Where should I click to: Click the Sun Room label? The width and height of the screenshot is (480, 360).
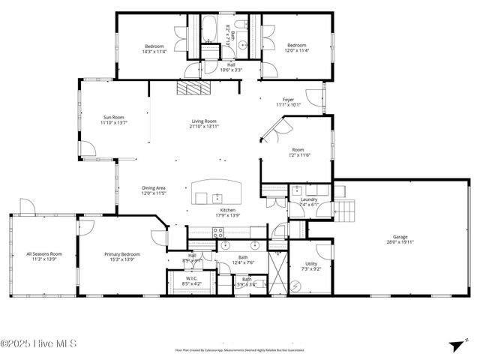[114, 117]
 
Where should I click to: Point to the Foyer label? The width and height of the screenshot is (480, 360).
[288, 100]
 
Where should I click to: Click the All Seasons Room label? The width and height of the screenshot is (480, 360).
[44, 254]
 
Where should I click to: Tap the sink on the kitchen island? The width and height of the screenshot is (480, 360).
[202, 199]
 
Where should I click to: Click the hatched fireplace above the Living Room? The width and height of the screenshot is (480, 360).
[194, 88]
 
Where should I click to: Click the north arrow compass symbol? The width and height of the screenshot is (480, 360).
[454, 345]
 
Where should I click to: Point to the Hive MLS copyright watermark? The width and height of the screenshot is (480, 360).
[38, 345]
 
